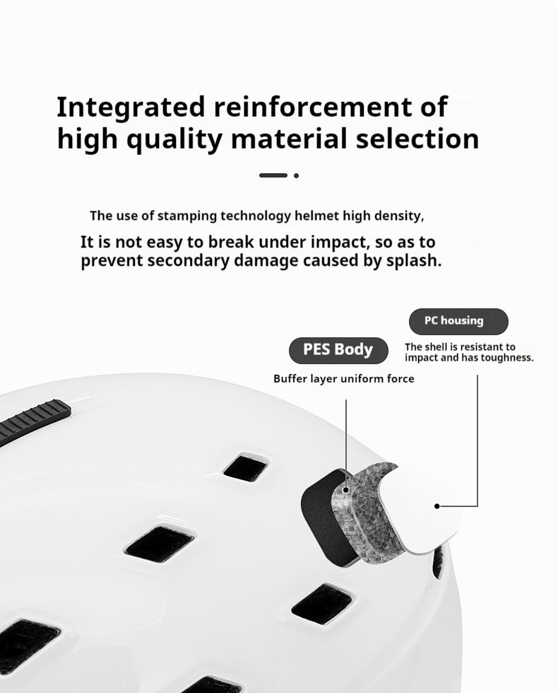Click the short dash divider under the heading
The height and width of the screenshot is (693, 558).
[x=273, y=175]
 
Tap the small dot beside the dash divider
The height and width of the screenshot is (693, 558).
[x=296, y=175]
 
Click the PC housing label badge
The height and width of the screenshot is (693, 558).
[x=458, y=321]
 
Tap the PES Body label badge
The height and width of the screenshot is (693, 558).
[x=338, y=350]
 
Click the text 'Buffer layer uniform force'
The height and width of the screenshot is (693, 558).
[x=344, y=379]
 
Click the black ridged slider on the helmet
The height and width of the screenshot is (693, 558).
[x=35, y=420]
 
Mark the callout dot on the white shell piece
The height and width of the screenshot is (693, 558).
[x=437, y=506]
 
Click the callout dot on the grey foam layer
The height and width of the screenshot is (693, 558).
[x=347, y=489]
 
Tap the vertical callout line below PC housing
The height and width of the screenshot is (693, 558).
[x=477, y=441]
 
